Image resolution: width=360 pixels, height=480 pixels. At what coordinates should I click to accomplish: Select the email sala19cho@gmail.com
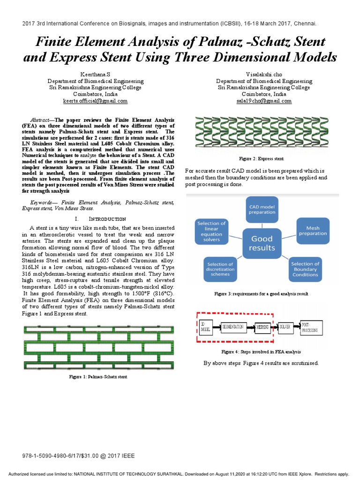tap(265, 101)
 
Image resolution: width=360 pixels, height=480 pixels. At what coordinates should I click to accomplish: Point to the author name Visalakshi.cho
tap(265, 75)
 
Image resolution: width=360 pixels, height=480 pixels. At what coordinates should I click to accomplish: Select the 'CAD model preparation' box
tap(262, 208)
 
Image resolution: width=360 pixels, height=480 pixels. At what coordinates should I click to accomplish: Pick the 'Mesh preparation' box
tap(313, 230)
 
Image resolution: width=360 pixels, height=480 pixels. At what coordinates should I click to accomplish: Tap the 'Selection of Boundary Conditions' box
tap(305, 269)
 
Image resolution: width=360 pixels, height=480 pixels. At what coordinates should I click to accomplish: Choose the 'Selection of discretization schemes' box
tap(220, 269)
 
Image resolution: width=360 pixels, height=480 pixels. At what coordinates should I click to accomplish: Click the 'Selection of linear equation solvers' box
tap(211, 232)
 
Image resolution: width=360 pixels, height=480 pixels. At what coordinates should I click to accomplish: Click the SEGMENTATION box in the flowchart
tap(233, 326)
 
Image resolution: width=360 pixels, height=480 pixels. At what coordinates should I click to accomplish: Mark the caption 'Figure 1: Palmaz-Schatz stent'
tap(98, 376)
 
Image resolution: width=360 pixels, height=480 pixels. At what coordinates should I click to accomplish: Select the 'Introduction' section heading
tap(100, 219)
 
